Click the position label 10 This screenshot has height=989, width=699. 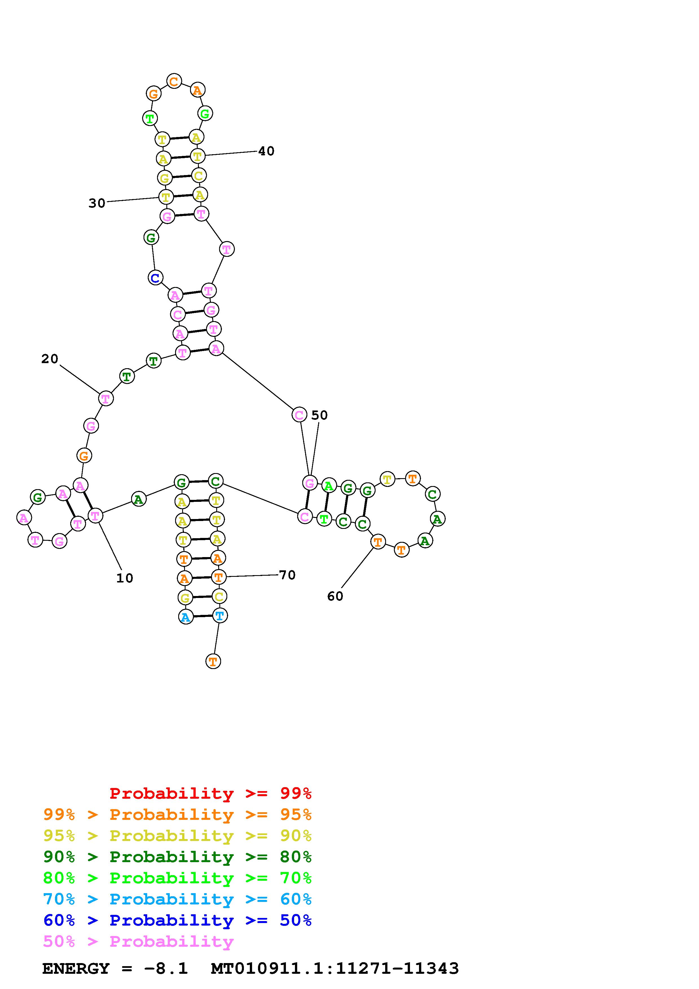(124, 578)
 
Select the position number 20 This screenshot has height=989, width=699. (50, 359)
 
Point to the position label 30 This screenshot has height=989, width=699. (97, 203)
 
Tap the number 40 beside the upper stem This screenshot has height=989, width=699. (266, 151)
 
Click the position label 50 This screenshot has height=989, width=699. (319, 415)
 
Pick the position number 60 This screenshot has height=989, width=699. (335, 596)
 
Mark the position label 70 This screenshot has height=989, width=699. (287, 575)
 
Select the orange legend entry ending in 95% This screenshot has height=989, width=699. (177, 814)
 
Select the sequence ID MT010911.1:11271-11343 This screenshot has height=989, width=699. (335, 968)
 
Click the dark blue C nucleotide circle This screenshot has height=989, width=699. (155, 278)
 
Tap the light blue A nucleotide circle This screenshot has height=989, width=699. (186, 617)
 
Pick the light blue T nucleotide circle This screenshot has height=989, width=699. (220, 615)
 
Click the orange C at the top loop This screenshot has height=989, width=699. (174, 81)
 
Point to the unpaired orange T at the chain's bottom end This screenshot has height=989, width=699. (213, 661)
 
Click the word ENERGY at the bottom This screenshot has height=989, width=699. (76, 968)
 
